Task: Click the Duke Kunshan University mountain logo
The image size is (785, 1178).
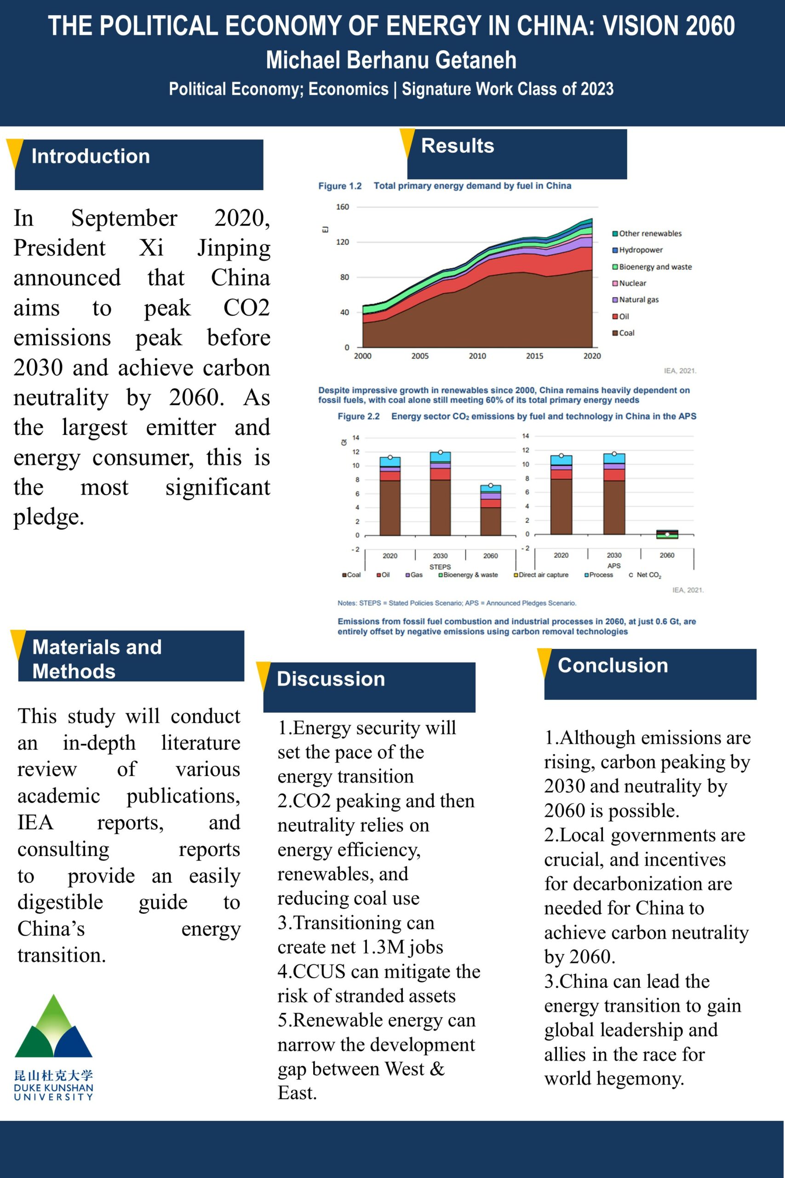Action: coord(53,1026)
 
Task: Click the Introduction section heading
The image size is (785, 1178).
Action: coord(91,156)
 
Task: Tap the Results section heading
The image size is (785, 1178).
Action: coord(458,146)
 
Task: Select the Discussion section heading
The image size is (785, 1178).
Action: coord(331,679)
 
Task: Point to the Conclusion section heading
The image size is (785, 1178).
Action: coord(613,666)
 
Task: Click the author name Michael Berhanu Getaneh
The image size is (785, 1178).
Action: coord(391,60)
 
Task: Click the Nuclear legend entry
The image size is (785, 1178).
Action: coord(632,283)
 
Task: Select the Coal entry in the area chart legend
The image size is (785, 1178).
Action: coord(626,333)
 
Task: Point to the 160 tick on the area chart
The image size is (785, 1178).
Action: coord(343,207)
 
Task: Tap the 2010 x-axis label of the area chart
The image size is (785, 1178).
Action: coord(477,356)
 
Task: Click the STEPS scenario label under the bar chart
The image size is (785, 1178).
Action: coord(440,567)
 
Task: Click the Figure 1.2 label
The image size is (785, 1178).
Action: coord(340,186)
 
